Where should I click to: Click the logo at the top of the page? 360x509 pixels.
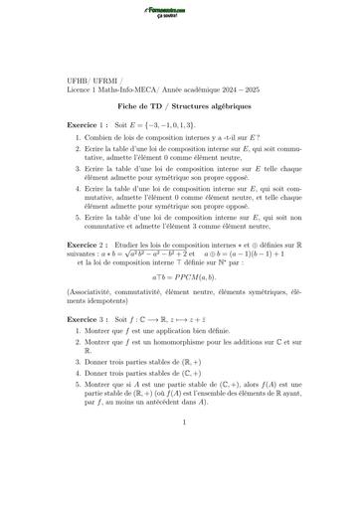click(180, 13)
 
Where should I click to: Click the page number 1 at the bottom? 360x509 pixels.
click(180, 478)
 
